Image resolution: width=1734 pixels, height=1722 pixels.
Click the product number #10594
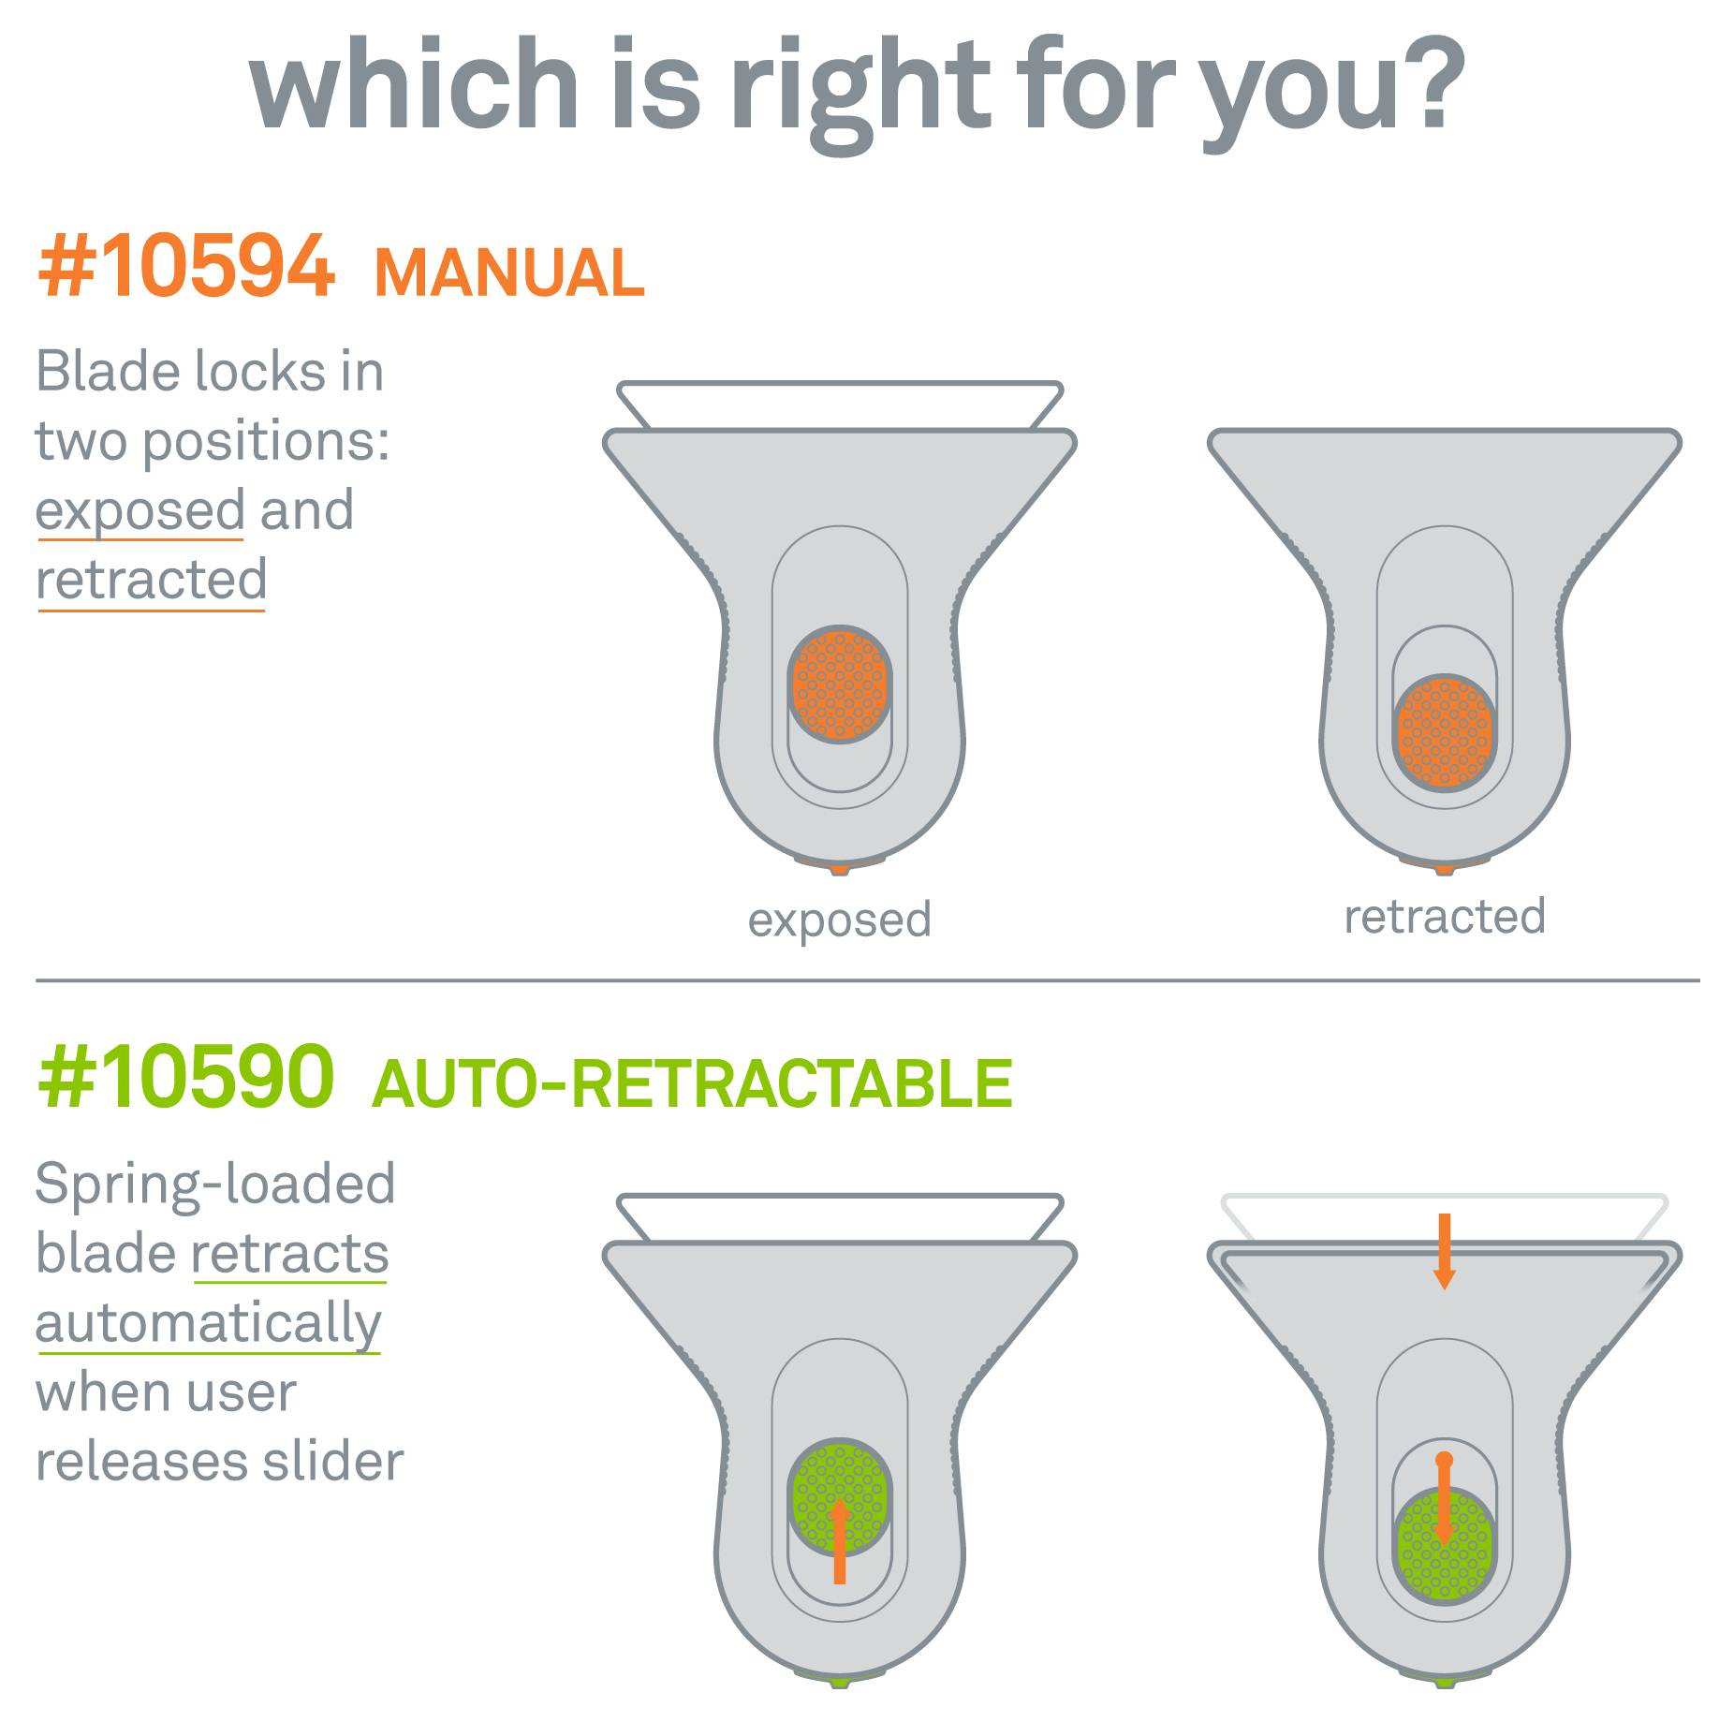click(x=185, y=267)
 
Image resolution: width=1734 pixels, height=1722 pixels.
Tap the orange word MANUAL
click(x=509, y=272)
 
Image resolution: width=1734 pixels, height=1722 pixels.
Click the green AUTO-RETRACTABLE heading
click(x=692, y=1083)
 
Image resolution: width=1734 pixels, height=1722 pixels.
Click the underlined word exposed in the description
click(x=140, y=511)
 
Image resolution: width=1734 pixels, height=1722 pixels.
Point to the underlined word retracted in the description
click(x=152, y=581)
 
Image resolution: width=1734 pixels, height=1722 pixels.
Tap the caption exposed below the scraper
click(x=839, y=920)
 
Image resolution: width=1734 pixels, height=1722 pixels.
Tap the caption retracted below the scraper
click(x=1445, y=917)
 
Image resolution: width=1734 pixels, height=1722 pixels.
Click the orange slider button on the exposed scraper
click(x=840, y=684)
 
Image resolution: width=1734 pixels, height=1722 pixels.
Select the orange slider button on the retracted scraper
click(x=1445, y=733)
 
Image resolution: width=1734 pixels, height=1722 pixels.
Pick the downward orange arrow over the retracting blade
click(x=1445, y=1251)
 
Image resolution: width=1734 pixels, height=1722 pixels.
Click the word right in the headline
click(x=861, y=89)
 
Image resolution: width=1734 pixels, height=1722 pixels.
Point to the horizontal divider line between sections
click(x=867, y=980)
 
